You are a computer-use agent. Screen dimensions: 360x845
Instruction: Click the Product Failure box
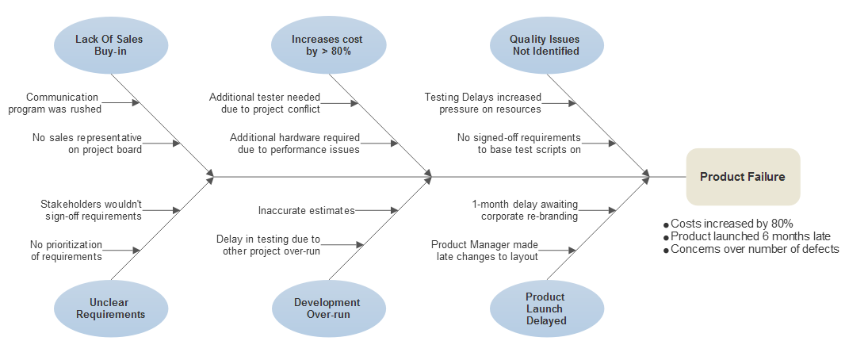coord(743,177)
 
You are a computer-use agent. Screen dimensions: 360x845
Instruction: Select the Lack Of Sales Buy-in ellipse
coord(111,45)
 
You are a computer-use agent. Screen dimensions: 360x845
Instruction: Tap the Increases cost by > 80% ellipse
coord(328,45)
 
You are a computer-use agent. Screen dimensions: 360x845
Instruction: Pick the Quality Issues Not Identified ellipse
coord(544,45)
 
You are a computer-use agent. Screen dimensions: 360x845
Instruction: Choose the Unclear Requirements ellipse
coord(111,308)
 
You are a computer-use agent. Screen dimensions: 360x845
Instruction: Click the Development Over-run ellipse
coord(328,308)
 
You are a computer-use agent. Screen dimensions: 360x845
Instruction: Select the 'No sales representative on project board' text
coord(87,143)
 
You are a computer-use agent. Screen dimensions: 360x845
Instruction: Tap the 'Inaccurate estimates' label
coord(306,210)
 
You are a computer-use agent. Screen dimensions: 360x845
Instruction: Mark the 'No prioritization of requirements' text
coord(66,251)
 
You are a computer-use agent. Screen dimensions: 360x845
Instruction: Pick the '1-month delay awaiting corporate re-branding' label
coord(525,210)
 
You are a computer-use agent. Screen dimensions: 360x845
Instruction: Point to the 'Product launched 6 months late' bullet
coord(750,236)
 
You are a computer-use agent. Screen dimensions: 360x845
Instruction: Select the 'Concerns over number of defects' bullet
coord(754,249)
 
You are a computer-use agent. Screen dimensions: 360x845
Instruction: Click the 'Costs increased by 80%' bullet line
coord(731,224)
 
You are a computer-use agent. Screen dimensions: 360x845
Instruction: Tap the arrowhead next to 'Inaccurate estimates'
coord(395,210)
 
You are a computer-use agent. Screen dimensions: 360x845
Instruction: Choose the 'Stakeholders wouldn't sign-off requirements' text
coord(90,210)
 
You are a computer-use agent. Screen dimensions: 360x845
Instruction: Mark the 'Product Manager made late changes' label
coord(485,251)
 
